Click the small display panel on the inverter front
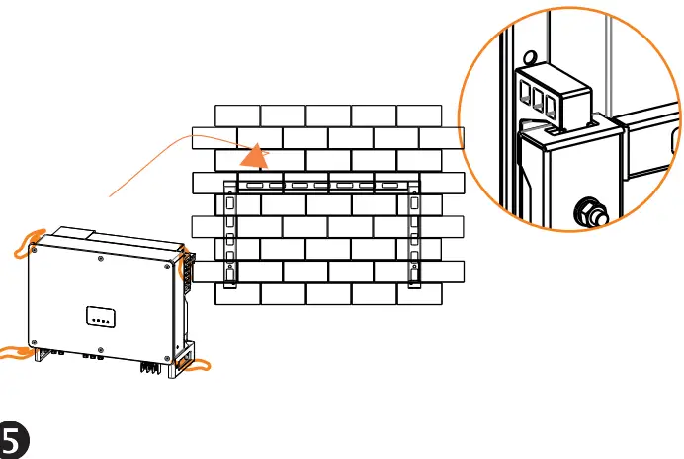tap(100, 318)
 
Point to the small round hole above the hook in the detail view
tap(530, 56)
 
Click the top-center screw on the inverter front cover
tap(104, 261)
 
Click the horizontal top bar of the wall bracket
tap(322, 185)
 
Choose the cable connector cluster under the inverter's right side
tap(150, 365)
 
